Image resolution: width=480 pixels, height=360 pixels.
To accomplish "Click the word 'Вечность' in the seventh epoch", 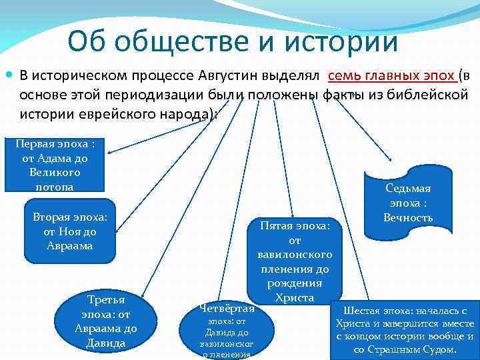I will point(408,217).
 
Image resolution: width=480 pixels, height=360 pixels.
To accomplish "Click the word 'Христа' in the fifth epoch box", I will point(294,297).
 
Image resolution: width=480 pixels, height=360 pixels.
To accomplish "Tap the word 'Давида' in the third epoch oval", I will point(105,343).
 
